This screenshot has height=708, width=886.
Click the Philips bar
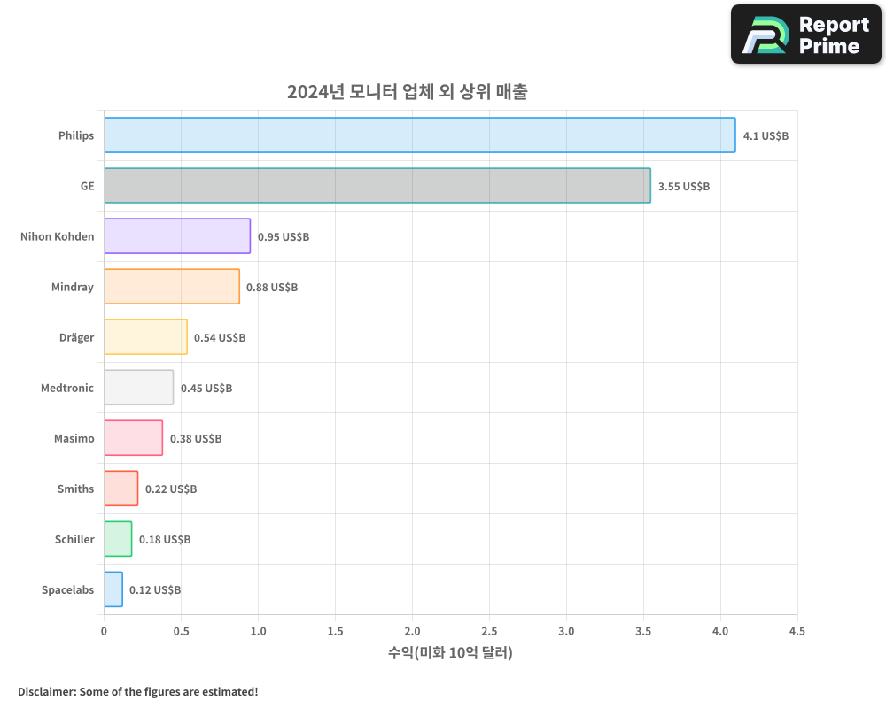pos(419,135)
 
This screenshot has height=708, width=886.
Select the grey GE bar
pos(377,186)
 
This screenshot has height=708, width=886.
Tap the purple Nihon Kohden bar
pos(177,236)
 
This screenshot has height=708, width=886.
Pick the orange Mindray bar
pos(171,287)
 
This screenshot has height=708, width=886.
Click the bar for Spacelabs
pos(113,589)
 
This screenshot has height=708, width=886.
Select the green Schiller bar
pos(118,539)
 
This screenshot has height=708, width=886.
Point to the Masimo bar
pos(133,438)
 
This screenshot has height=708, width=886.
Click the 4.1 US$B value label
pos(766,136)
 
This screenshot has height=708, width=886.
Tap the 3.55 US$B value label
pos(683,187)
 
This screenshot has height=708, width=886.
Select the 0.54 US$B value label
pos(220,338)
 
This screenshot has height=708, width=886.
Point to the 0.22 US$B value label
pos(171,489)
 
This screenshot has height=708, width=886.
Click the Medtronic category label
pos(67,388)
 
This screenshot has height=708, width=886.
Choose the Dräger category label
pos(76,337)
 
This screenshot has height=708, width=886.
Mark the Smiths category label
pos(75,489)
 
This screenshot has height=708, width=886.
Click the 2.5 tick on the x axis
pos(489,632)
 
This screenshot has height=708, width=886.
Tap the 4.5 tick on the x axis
pos(797,632)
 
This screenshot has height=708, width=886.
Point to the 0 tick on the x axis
pos(104,632)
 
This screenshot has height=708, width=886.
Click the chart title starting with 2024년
pos(407,92)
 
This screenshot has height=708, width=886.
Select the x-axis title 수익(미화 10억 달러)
pos(450,653)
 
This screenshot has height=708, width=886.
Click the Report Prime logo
pos(806,35)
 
